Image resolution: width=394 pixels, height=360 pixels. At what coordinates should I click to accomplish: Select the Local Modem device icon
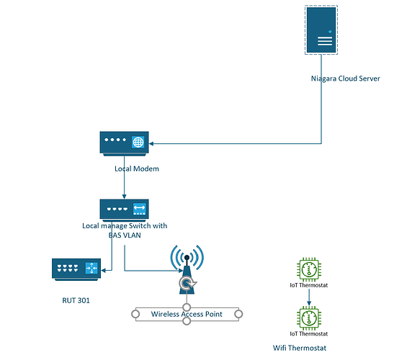(124, 144)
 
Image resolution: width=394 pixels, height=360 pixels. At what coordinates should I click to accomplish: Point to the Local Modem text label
(136, 168)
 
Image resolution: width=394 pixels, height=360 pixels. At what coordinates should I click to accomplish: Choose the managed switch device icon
(124, 210)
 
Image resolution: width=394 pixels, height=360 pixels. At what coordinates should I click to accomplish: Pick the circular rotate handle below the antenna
(187, 287)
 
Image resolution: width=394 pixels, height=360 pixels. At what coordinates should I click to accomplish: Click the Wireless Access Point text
(187, 314)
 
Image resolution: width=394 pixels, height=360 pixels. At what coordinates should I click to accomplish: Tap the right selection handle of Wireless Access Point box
(238, 314)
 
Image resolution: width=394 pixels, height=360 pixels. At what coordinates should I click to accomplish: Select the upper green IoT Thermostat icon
(309, 271)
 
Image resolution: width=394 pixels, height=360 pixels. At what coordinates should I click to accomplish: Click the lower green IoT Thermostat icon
(309, 318)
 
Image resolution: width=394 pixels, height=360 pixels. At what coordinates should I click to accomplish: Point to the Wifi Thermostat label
(300, 348)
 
